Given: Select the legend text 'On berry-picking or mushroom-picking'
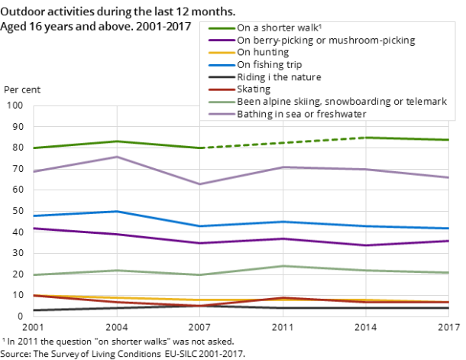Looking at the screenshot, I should tap(326, 40).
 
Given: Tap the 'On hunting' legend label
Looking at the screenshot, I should tap(263, 53).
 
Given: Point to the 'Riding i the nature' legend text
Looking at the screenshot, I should tap(279, 77).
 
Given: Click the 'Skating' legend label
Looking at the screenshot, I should tap(254, 89).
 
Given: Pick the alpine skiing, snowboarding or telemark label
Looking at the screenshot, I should tap(341, 102).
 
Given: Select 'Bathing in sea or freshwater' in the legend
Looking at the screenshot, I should tap(302, 114).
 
